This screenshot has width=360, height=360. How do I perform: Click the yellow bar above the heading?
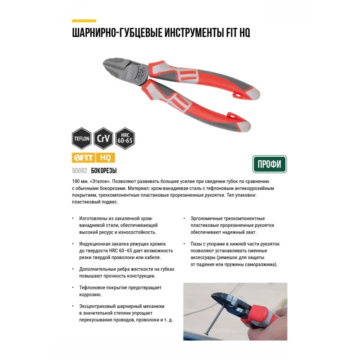[x=84, y=21]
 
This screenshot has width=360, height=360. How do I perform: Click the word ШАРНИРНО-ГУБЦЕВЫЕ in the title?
[x=117, y=32]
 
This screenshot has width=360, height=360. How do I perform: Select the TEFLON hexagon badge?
[x=82, y=139]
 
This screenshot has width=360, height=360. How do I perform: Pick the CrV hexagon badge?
[x=103, y=139]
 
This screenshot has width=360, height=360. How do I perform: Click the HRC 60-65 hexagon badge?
[x=125, y=139]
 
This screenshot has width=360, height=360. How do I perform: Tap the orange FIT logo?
[x=84, y=158]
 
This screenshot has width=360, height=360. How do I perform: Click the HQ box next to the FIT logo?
[x=105, y=158]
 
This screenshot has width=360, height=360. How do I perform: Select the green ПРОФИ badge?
[x=270, y=164]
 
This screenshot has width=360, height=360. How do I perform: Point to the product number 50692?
[x=80, y=171]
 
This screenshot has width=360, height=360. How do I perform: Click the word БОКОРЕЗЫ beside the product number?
[x=104, y=171]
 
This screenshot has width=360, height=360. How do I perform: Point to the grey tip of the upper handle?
[x=254, y=94]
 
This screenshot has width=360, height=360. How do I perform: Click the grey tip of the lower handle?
[x=244, y=126]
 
